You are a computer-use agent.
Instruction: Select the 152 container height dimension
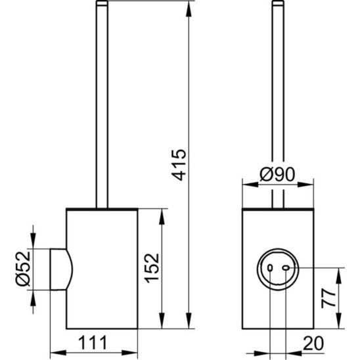click(x=152, y=268)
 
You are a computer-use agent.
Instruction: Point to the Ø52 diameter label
click(x=22, y=269)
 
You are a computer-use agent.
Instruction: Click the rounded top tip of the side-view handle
click(x=102, y=5)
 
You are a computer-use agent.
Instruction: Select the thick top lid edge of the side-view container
click(x=102, y=210)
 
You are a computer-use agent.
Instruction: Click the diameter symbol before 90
click(x=263, y=175)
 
